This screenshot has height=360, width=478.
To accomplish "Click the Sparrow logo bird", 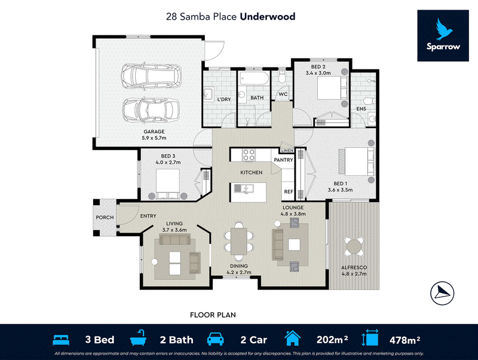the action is point(443,29).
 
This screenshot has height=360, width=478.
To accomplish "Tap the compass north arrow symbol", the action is point(442,293).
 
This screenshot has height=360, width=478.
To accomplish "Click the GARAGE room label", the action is point(154,132).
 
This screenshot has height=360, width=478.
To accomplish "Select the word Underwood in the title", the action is point(268,17).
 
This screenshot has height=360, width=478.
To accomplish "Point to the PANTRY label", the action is point(283,160).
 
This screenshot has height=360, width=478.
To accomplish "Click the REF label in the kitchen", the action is point(289,191).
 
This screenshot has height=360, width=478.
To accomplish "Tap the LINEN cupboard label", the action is point(287,151).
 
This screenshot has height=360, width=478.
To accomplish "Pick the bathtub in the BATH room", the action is point(254,78).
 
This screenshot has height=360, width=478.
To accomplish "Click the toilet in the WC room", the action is point(281,77).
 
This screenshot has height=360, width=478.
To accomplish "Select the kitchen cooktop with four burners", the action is point(249,155).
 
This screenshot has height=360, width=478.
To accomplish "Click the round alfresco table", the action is point(354,246).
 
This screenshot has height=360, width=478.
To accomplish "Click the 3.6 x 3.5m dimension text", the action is point(340,190).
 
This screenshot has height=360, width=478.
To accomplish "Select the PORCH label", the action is point(105,218).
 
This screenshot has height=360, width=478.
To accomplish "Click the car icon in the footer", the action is point(215,339).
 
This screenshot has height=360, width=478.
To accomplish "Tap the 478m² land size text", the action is point(405,340).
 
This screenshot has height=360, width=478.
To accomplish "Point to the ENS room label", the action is point(361,109).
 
